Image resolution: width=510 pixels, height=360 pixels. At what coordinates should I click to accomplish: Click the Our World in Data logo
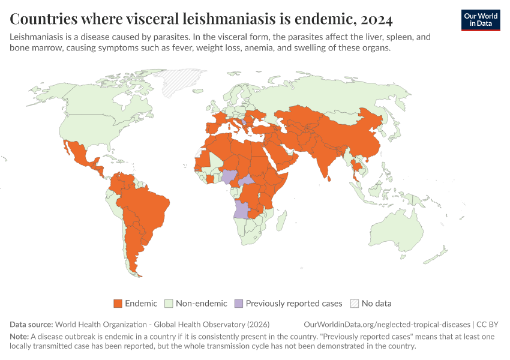click(481, 20)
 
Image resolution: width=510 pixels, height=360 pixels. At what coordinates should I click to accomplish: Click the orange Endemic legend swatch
click(118, 304)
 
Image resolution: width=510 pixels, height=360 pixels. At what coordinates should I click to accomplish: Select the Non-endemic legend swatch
click(169, 304)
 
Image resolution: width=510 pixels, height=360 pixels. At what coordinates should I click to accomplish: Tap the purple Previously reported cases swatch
click(239, 304)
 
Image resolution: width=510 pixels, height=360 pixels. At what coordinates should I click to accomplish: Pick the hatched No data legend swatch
click(355, 304)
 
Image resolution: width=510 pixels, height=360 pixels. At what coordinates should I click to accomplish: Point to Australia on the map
click(397, 231)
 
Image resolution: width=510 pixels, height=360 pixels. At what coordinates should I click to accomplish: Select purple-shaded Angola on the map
click(242, 209)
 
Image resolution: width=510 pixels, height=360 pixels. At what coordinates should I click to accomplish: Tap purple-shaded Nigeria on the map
click(230, 176)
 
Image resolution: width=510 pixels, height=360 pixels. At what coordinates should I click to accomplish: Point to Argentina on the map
click(133, 247)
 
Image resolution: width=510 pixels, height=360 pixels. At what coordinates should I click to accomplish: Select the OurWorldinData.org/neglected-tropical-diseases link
click(387, 325)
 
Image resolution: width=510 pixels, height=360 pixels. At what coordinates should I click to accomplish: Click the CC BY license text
click(487, 325)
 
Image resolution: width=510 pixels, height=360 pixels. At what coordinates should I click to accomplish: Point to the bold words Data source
click(31, 325)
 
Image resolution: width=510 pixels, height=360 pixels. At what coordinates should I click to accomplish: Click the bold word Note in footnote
click(19, 337)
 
